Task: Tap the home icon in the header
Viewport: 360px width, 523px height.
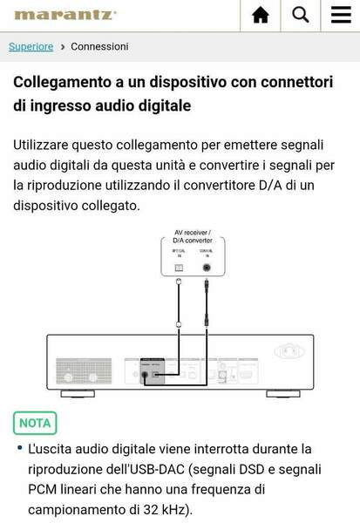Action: click(x=260, y=15)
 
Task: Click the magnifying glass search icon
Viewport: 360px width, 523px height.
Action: click(x=301, y=14)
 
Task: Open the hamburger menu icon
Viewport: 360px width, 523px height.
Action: click(x=341, y=15)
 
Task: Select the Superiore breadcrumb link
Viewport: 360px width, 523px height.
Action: click(x=31, y=46)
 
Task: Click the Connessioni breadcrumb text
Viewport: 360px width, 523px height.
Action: click(x=99, y=46)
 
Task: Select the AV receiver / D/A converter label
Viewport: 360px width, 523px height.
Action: click(x=192, y=236)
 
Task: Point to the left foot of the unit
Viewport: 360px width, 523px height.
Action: click(x=78, y=394)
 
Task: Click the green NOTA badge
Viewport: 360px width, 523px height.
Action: click(x=35, y=423)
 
